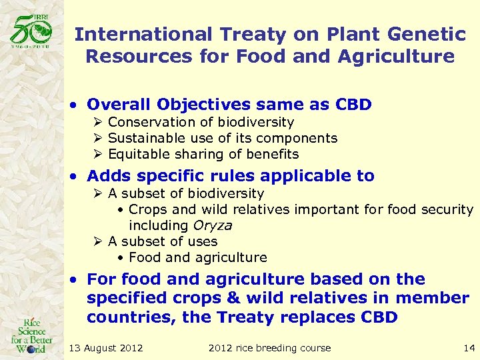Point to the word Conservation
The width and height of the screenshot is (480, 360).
150,122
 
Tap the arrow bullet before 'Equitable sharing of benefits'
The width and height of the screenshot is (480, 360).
97,154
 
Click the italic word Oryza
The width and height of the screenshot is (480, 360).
213,225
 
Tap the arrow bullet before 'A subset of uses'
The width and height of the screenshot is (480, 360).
97,241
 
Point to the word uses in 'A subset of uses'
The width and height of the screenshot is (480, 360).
203,241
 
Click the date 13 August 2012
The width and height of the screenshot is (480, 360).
106,347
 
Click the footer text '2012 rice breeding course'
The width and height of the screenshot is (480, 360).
269,347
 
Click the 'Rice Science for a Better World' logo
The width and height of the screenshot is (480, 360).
32,333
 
